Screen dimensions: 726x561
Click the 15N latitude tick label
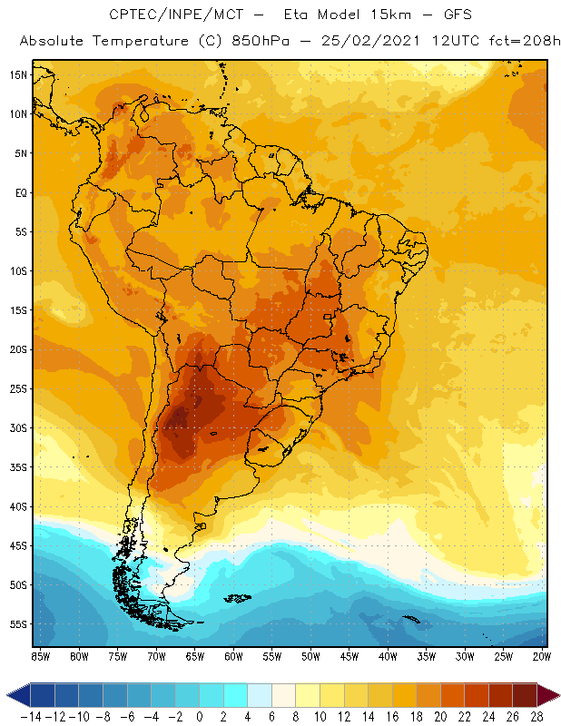pyautogui.click(x=17, y=74)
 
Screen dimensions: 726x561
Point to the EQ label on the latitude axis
pyautogui.click(x=19, y=192)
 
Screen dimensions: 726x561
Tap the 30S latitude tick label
pyautogui.click(x=17, y=427)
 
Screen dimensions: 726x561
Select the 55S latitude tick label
pyautogui.click(x=17, y=624)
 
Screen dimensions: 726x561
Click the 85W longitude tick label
pyautogui.click(x=41, y=656)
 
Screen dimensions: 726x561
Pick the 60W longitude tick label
pyautogui.click(x=234, y=656)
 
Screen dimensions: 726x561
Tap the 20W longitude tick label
pyautogui.click(x=543, y=656)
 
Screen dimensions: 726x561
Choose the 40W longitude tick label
pyautogui.click(x=389, y=656)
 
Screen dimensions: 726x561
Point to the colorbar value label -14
pyautogui.click(x=30, y=717)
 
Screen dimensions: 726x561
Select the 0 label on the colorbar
pyautogui.click(x=200, y=717)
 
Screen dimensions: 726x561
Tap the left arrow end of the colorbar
pyautogui.click(x=13, y=696)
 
